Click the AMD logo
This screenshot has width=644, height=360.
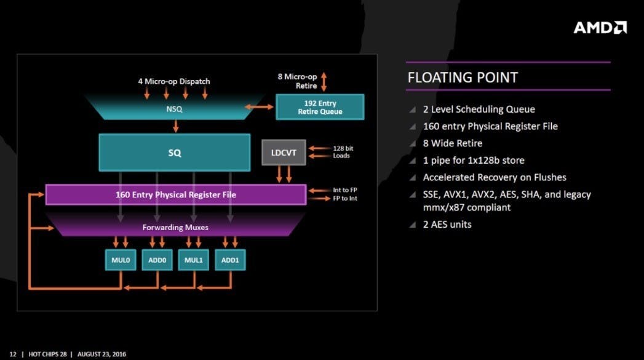tap(600, 27)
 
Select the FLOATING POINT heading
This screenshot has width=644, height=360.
tap(463, 78)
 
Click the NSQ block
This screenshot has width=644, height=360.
tap(175, 110)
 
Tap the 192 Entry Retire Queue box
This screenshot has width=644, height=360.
tap(320, 107)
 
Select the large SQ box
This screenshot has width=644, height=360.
tap(175, 152)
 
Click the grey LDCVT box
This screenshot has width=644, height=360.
tap(284, 152)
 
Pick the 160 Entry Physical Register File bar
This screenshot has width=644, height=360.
tap(176, 194)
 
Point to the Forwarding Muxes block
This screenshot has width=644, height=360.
tap(175, 227)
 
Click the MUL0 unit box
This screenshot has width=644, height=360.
tap(121, 260)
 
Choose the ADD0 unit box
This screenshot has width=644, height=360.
tap(157, 260)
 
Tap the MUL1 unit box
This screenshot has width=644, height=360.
tap(194, 260)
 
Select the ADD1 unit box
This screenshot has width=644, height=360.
tap(231, 260)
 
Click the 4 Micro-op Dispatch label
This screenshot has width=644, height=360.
tap(174, 81)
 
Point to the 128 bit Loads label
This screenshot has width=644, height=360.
tap(343, 152)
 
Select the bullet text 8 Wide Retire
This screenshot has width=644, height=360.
tap(453, 143)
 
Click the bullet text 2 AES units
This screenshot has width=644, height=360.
tap(447, 225)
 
